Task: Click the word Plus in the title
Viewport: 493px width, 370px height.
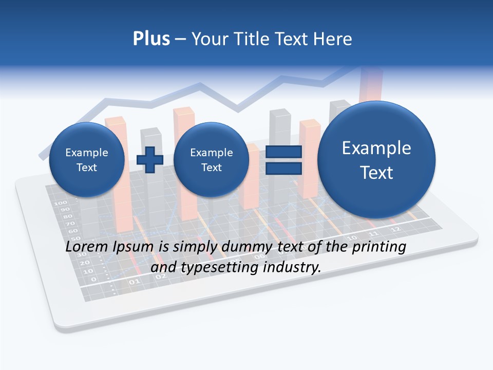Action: [151, 39]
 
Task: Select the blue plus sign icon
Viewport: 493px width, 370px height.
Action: [149, 160]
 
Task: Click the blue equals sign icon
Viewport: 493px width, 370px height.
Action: [283, 160]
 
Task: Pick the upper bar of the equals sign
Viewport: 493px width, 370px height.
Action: [283, 152]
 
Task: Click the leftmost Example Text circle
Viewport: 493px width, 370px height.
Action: [86, 160]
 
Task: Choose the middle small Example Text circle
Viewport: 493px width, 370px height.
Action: [211, 160]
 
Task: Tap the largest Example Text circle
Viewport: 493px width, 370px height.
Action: [376, 160]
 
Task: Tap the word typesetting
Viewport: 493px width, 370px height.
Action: [217, 268]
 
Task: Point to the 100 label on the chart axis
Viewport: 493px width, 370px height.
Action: [61, 203]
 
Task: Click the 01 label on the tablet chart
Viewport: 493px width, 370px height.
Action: [134, 282]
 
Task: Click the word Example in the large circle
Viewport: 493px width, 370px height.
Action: [376, 148]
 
